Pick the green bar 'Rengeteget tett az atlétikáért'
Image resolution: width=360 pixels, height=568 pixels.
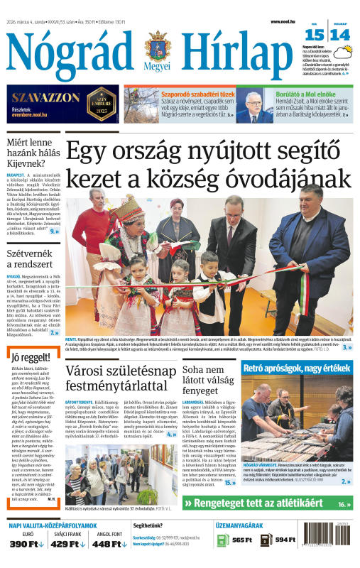266,524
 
